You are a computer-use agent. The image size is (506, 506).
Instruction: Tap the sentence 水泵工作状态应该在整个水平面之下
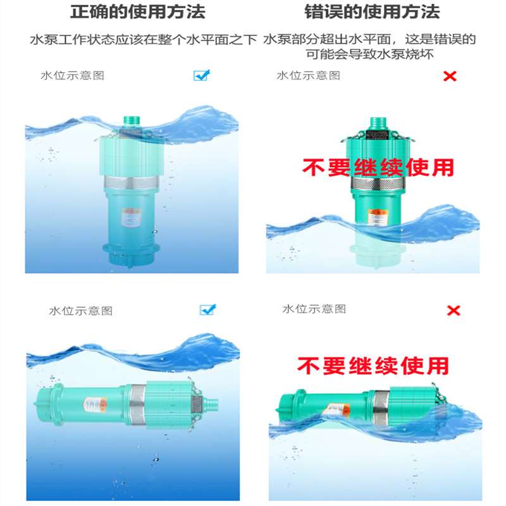coord(144,40)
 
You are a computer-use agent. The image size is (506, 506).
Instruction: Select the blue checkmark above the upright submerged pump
coord(201,75)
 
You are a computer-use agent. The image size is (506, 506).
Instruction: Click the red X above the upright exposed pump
coord(450,77)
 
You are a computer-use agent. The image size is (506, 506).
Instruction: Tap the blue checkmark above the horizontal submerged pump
coord(207,310)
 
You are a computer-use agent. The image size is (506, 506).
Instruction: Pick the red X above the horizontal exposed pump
coord(454,311)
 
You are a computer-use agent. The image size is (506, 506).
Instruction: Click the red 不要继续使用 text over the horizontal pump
coord(373,366)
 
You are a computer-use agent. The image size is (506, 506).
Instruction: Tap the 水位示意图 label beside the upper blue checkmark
coord(72,76)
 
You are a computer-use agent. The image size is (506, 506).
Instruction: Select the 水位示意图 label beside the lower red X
coord(314,309)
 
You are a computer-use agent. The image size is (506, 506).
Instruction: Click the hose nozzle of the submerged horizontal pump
coord(214,402)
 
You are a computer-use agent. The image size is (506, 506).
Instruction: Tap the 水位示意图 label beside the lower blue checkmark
coord(80,311)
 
